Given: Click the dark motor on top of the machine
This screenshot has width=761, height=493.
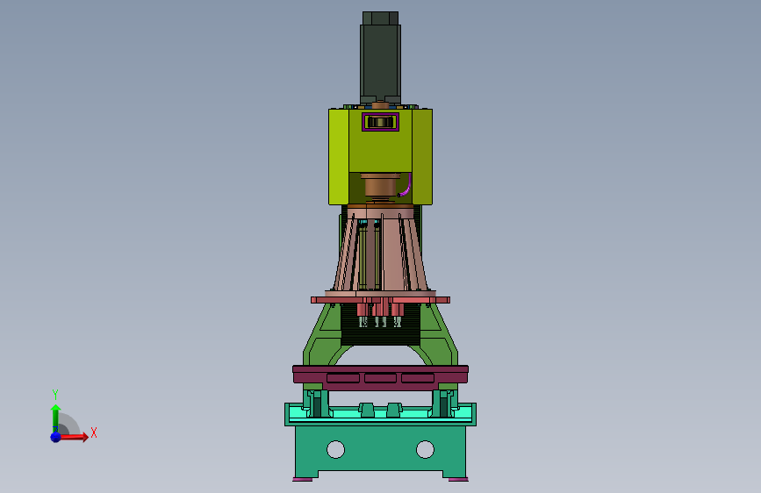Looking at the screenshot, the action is point(380,58).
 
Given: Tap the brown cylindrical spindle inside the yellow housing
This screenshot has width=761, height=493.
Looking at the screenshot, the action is point(381,188).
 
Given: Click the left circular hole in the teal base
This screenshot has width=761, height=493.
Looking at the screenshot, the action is point(336,449).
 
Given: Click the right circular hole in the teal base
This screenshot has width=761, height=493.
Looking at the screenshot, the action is point(425,449).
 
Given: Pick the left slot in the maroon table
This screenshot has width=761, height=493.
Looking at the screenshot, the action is point(343,378).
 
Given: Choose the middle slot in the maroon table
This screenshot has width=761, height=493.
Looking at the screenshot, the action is point(381,378).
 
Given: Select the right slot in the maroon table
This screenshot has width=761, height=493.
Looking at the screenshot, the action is point(418,378).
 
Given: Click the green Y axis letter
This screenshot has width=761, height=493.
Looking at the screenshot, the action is point(55,394).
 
